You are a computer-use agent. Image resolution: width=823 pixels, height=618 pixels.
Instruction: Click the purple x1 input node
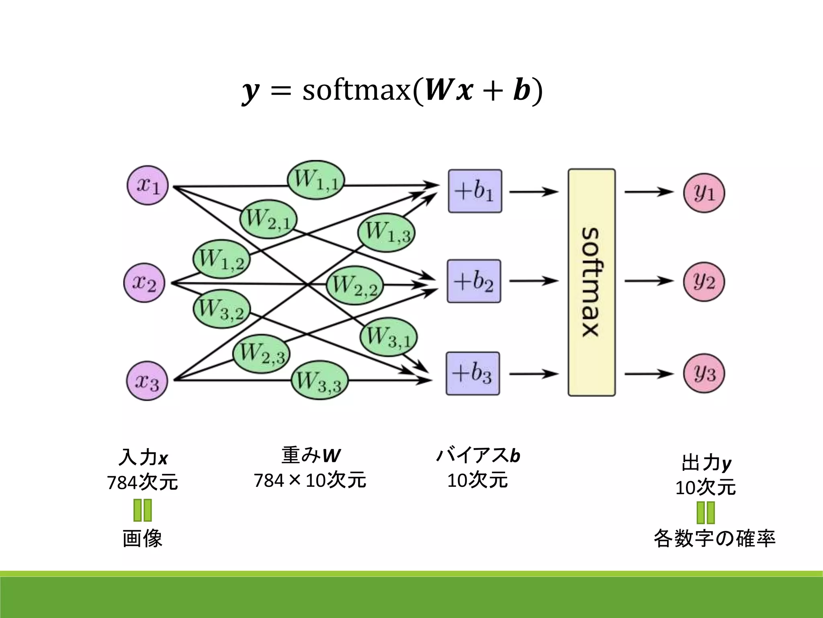tap(147, 185)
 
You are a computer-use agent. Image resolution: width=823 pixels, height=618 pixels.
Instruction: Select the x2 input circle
tap(144, 283)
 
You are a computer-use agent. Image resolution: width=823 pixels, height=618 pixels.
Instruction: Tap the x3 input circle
tap(147, 381)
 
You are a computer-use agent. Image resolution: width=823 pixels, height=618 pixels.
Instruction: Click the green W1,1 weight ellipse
tap(316, 180)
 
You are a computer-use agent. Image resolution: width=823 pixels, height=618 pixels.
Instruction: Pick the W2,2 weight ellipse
tap(354, 285)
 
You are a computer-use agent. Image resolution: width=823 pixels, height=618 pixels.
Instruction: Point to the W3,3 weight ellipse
tap(319, 380)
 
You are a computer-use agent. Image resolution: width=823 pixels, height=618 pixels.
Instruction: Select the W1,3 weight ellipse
tap(386, 232)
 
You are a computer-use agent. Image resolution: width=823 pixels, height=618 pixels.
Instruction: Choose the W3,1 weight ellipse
tap(388, 337)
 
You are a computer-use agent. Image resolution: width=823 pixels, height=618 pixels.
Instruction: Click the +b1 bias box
tap(475, 191)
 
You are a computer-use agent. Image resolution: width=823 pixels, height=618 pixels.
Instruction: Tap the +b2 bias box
tap(474, 281)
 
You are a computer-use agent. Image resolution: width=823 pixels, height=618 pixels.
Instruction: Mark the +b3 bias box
tap(473, 373)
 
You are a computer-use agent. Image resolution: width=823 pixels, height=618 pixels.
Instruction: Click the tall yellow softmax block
tap(592, 282)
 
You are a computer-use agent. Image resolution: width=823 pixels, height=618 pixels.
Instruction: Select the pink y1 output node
tap(704, 192)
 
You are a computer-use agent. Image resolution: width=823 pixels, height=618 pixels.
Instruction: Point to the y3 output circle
tap(704, 373)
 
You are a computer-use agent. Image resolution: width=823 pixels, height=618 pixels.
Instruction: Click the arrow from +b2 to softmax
tap(534, 281)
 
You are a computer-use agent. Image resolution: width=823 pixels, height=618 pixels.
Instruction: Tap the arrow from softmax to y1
tap(649, 192)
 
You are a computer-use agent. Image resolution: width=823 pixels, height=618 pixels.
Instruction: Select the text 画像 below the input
tap(142, 538)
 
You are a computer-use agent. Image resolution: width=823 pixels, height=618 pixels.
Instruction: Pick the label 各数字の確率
tap(714, 538)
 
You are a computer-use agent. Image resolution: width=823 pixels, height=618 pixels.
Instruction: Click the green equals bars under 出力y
tap(706, 513)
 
